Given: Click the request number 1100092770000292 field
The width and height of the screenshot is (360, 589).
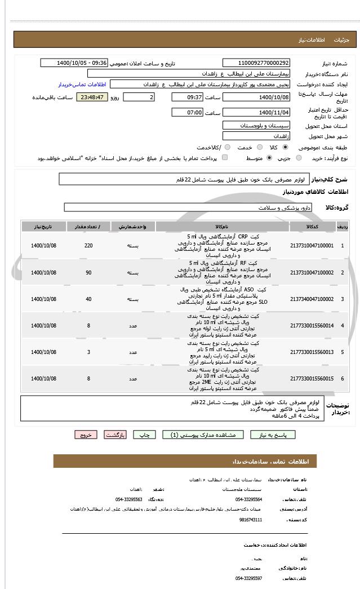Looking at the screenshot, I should [256, 63].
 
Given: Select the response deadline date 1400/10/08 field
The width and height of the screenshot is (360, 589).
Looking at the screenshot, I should [256, 97].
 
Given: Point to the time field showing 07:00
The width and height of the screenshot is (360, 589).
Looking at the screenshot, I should [187, 113].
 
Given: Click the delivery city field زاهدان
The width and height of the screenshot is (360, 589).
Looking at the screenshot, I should [256, 136].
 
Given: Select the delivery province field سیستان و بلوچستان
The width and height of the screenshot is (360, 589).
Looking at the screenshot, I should [256, 125].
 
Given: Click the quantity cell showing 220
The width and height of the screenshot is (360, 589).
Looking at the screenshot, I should [88, 246].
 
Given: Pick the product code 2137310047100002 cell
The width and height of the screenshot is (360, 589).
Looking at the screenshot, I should [312, 272].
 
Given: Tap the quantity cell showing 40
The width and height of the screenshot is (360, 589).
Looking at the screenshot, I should [88, 299].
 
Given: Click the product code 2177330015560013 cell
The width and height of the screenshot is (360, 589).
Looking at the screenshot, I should [312, 352].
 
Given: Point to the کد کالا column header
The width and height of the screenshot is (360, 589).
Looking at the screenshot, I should [312, 227].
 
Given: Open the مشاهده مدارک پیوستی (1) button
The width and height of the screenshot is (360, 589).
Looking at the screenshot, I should [203, 435].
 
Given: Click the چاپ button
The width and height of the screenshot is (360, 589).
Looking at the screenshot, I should [145, 435].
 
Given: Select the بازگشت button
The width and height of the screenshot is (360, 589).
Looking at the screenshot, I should [115, 435].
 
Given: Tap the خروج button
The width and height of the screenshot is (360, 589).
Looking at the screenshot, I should [86, 435].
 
